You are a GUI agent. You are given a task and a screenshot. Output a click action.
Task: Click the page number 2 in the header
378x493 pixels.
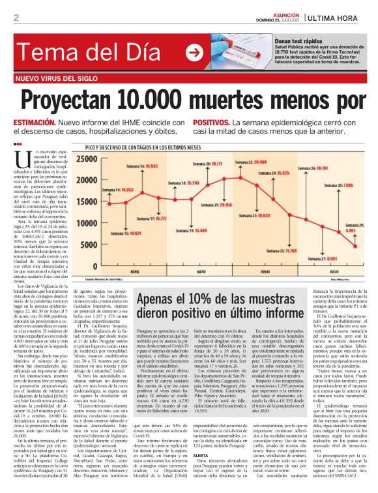point(14,18)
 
